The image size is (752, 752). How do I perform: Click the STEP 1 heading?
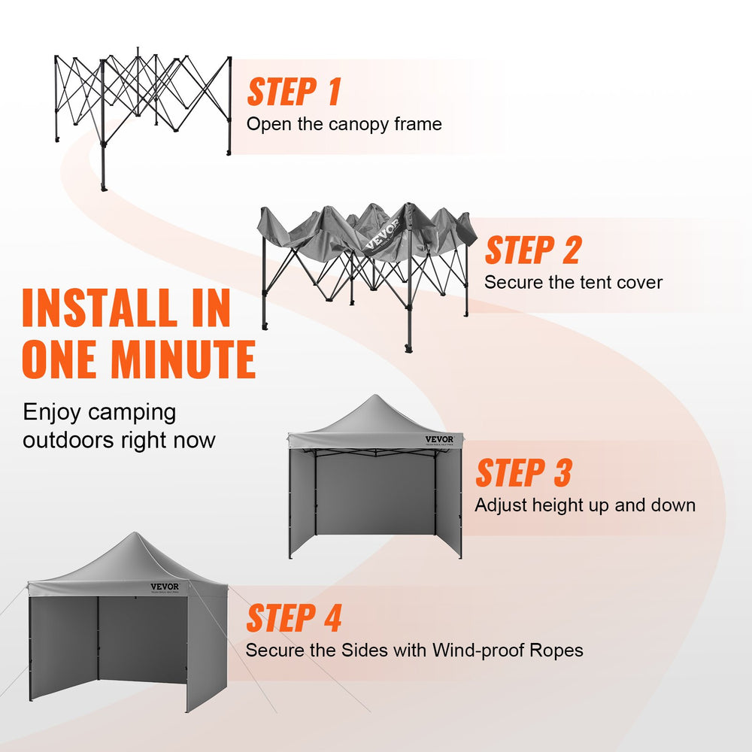pos(294,92)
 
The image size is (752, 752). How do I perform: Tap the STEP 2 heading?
pos(532,250)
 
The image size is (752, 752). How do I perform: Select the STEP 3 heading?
pos(523,474)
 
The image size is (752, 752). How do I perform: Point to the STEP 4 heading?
pos(294,618)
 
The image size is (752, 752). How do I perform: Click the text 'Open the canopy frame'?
pos(344,124)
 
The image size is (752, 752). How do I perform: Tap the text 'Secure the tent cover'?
pos(573,283)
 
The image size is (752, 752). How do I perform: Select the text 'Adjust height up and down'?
pos(584,505)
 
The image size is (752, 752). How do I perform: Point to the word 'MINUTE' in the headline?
pos(185,360)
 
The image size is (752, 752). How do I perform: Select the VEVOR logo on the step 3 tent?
pos(439,440)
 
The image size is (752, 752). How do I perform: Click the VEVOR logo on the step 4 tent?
pos(165,587)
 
